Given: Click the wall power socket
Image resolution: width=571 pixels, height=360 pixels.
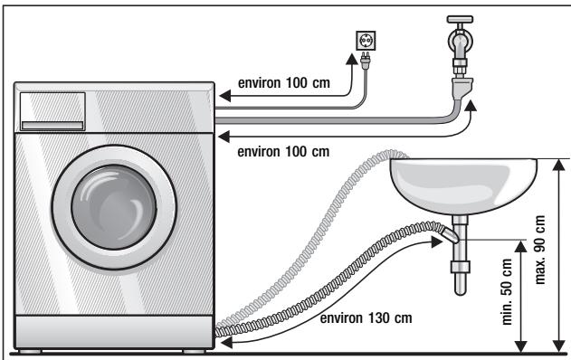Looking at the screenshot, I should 367,42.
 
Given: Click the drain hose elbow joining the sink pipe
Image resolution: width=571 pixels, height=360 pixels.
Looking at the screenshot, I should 447,237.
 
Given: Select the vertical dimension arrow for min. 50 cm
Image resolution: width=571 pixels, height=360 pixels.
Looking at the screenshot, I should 520,296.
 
